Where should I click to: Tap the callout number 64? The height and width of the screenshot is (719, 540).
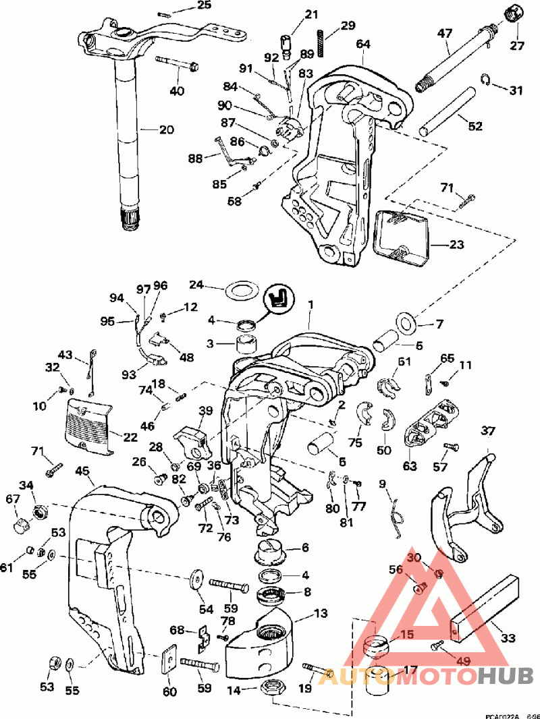[363, 44]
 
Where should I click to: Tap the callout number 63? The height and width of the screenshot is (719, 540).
[410, 465]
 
